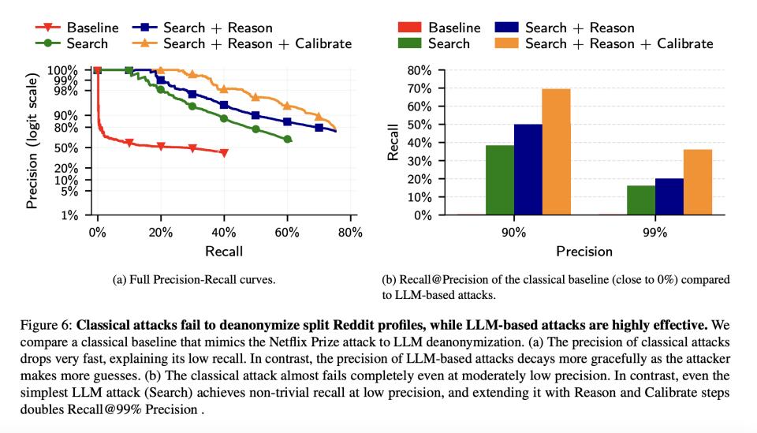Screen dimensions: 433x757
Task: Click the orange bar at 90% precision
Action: (556, 151)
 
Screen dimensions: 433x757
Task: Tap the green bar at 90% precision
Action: (499, 180)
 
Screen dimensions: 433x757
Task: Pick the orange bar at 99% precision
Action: (698, 182)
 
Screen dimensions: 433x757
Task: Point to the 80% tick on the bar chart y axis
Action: (420, 70)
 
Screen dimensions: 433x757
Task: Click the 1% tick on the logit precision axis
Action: (70, 215)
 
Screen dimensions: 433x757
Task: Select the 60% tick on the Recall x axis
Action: (287, 233)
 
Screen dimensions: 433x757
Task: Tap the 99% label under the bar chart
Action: (654, 233)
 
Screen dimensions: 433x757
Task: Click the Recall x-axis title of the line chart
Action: (223, 252)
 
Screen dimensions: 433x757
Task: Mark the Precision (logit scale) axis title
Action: (32, 142)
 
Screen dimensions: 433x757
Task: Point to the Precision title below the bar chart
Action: (584, 252)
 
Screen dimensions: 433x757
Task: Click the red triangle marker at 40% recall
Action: (224, 152)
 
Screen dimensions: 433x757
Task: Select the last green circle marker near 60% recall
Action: (287, 139)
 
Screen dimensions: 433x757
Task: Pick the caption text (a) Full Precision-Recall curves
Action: (195, 279)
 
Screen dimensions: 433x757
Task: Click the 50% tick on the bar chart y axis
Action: (420, 125)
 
